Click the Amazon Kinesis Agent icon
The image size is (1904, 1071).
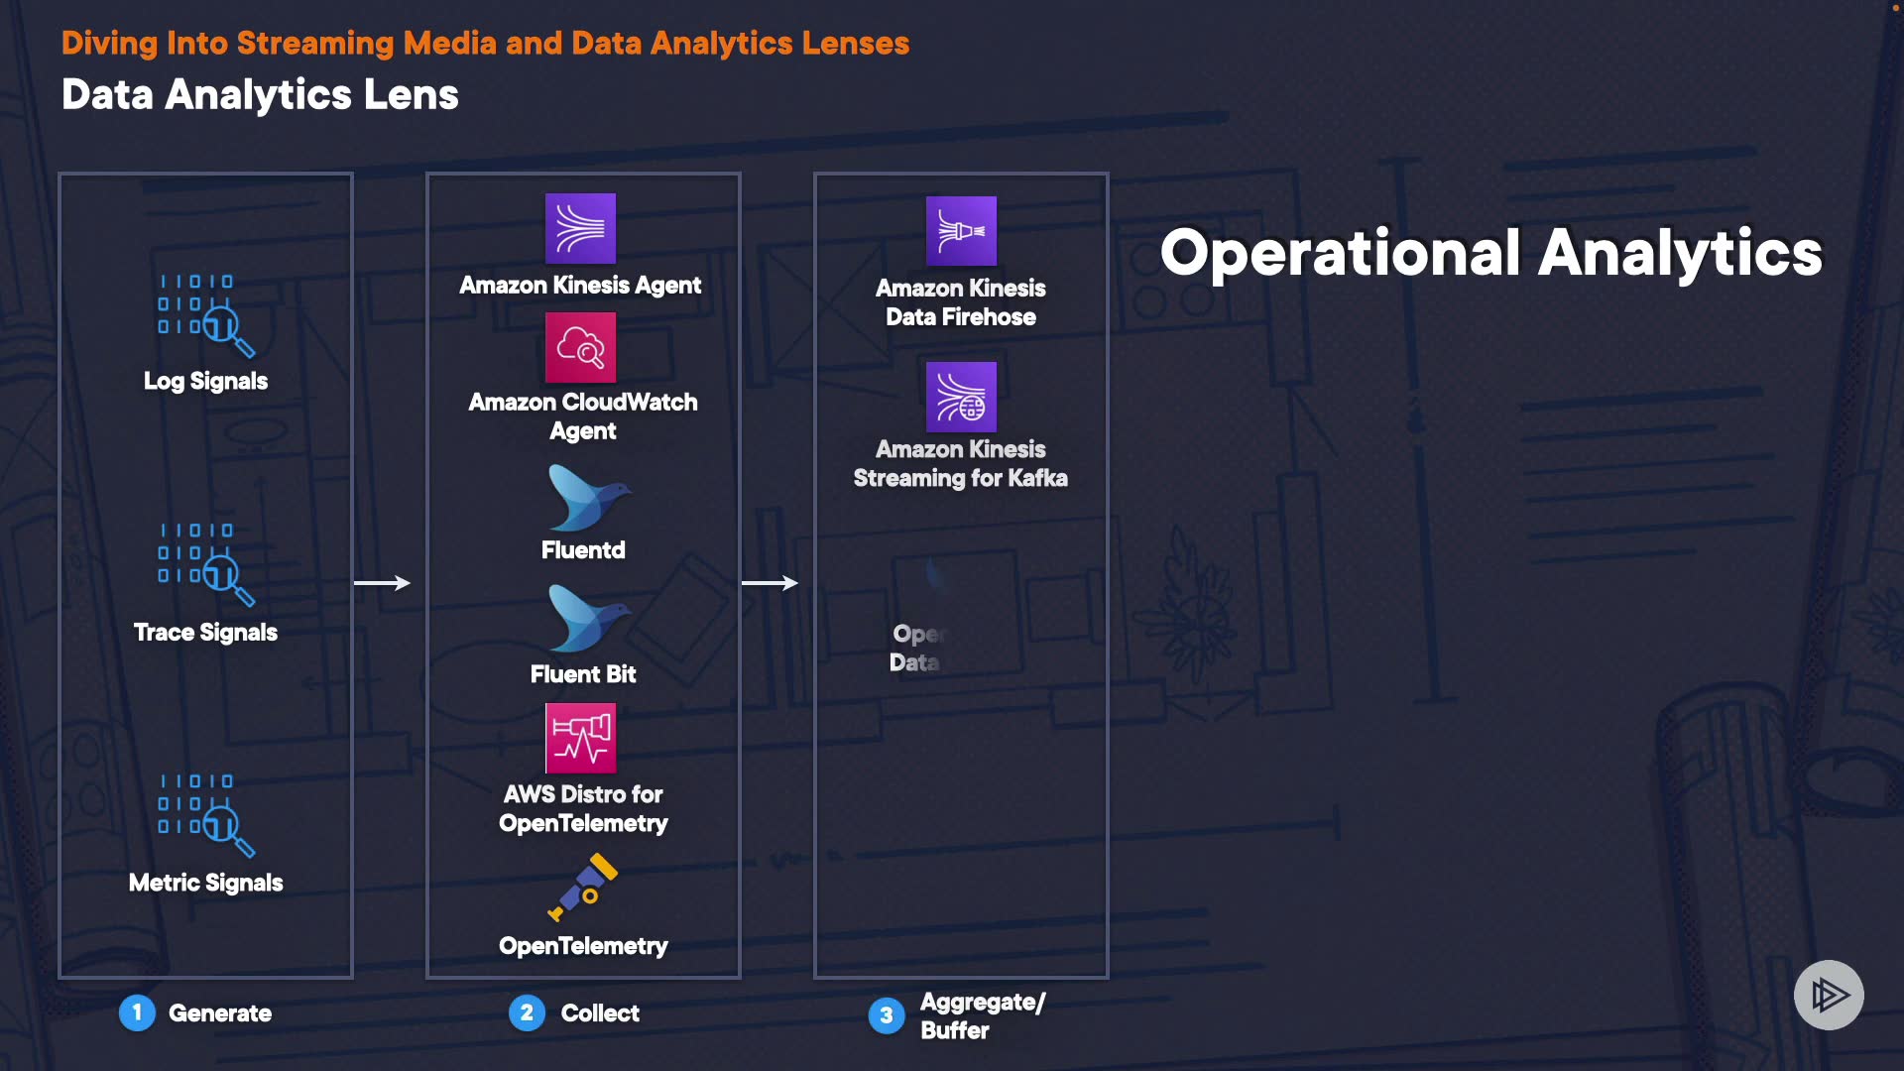[x=580, y=228]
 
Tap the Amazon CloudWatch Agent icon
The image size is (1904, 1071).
[x=580, y=347]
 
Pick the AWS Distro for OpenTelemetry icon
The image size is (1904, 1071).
[x=580, y=738]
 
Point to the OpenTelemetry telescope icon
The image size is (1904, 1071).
[x=584, y=887]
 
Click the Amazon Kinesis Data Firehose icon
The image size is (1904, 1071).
[x=961, y=230]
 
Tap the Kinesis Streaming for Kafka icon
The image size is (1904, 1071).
[x=961, y=397]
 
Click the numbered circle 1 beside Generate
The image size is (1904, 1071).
[x=137, y=1012]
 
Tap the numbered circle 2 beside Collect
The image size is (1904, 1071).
[x=527, y=1012]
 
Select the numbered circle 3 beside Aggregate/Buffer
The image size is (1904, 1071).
[x=887, y=1015]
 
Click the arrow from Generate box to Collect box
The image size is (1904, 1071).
[x=383, y=583]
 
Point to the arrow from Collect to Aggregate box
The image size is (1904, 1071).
[x=771, y=583]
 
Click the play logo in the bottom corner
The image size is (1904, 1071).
[x=1829, y=995]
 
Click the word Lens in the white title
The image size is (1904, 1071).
[x=411, y=95]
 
